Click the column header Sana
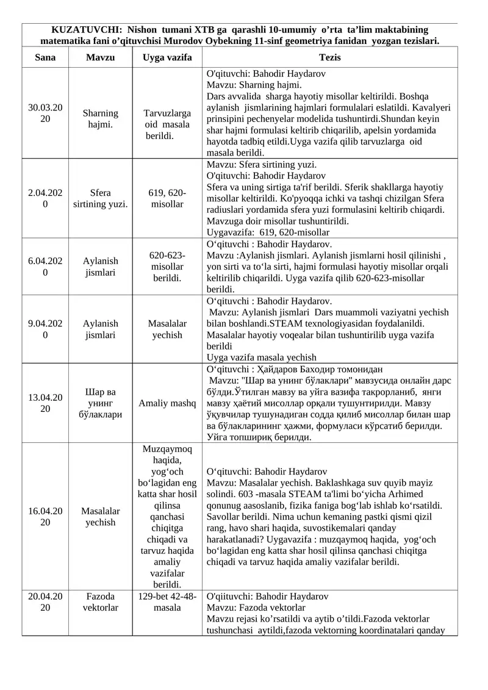(x=45, y=57)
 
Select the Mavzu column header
(x=100, y=57)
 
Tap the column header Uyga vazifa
(x=167, y=57)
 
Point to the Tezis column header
(x=329, y=57)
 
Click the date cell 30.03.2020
(x=45, y=113)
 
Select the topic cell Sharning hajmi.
(x=100, y=118)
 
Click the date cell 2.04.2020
(x=45, y=198)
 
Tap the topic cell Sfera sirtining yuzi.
(x=100, y=198)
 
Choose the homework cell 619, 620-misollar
(x=167, y=198)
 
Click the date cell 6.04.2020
(x=45, y=267)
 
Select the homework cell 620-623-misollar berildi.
(x=167, y=267)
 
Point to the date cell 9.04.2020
(x=45, y=329)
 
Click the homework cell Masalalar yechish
(x=167, y=329)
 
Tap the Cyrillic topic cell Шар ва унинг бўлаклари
(x=100, y=403)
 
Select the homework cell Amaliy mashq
(x=167, y=403)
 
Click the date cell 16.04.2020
(x=45, y=516)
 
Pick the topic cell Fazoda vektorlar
(x=100, y=602)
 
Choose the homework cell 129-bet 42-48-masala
(x=167, y=602)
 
